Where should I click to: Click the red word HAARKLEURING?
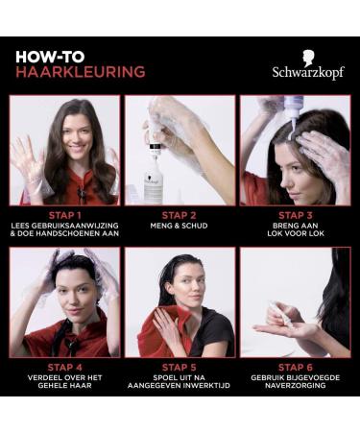tap(81, 72)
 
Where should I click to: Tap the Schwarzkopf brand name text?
tap(308, 72)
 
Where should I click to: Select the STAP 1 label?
tap(64, 215)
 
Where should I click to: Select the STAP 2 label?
tap(180, 215)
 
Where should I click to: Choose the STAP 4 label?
tap(64, 367)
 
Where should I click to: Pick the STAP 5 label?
tap(180, 367)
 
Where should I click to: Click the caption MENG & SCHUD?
tap(180, 227)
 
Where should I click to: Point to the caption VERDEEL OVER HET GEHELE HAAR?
tap(64, 382)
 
